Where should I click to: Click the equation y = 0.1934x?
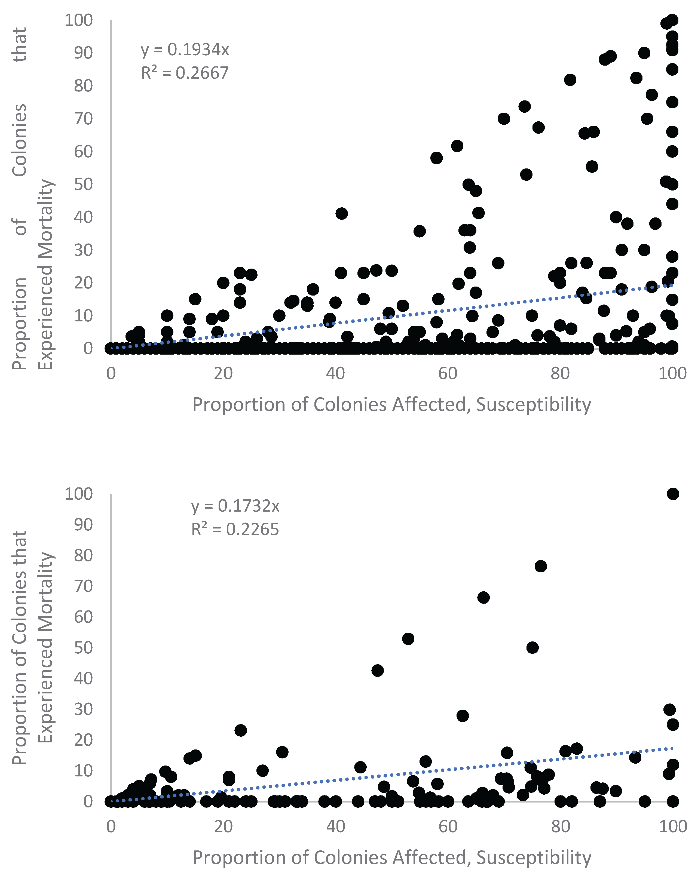click(185, 50)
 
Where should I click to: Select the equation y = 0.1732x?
click(235, 506)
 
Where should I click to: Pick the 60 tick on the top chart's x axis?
click(448, 373)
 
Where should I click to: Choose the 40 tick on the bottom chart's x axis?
click(335, 826)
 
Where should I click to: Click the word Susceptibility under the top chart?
click(534, 405)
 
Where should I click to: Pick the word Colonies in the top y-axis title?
click(20, 140)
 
